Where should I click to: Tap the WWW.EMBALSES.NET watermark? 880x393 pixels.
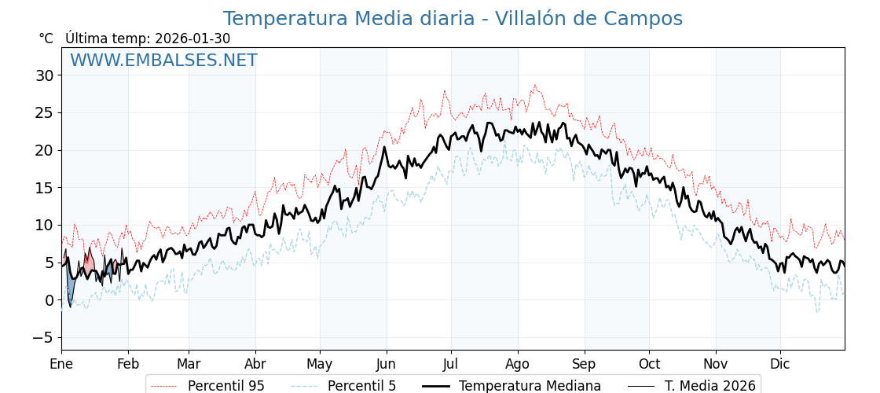[163, 61]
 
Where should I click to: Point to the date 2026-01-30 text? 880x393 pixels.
[192, 39]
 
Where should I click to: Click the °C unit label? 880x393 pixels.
[46, 39]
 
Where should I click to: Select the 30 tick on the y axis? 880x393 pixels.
[44, 75]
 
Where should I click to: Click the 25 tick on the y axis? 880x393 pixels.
[44, 112]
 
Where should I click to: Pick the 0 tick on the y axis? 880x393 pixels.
[49, 300]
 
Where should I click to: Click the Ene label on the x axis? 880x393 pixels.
[61, 364]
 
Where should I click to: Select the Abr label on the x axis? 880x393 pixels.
[255, 364]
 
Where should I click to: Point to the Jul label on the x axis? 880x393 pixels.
[451, 364]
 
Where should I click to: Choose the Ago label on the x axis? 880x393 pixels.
[518, 364]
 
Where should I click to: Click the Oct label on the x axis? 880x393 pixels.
[649, 364]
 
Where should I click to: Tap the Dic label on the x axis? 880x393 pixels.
[780, 364]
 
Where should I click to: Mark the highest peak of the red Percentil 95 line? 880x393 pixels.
[535, 86]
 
